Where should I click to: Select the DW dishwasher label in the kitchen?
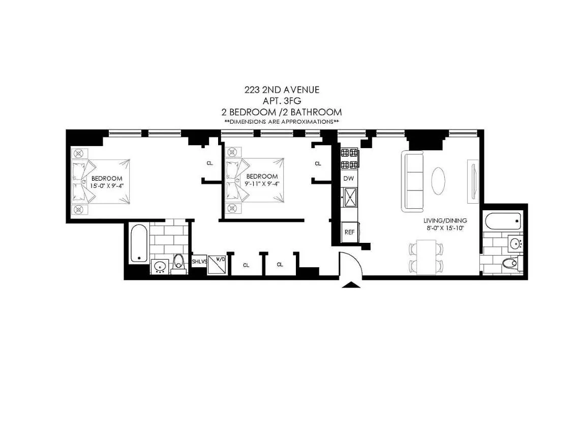click(x=349, y=179)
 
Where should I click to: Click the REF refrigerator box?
click(x=350, y=232)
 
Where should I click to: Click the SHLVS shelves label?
click(x=199, y=262)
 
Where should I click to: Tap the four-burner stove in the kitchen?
click(x=349, y=158)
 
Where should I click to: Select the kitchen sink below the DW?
click(x=350, y=198)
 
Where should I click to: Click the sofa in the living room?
click(x=413, y=181)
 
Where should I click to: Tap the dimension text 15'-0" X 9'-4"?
click(x=107, y=186)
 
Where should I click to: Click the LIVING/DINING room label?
click(x=445, y=220)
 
